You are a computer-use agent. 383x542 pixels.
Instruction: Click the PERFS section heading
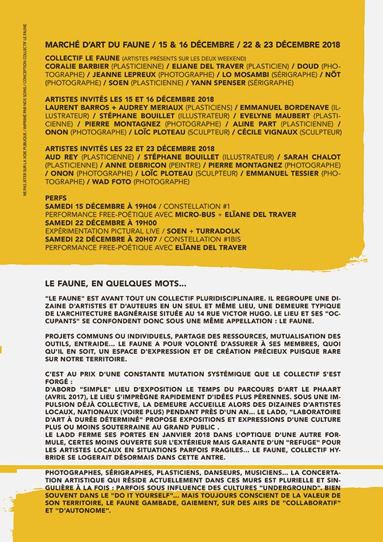coord(55,199)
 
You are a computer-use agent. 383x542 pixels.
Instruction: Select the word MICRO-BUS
coord(197,215)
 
